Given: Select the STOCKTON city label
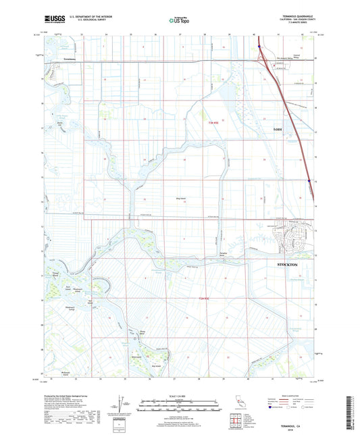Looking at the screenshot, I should (x=291, y=265).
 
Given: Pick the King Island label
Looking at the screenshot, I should (x=180, y=198).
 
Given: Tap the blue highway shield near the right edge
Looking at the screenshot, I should (x=309, y=180).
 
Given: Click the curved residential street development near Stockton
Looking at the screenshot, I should (x=289, y=238).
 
